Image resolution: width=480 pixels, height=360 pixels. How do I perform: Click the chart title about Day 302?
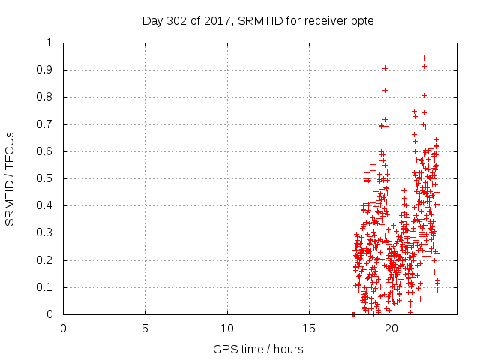pyautogui.click(x=258, y=20)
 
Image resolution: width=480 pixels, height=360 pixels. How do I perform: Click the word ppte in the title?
pyautogui.click(x=362, y=21)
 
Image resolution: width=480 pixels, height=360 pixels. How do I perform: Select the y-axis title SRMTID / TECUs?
pyautogui.click(x=10, y=178)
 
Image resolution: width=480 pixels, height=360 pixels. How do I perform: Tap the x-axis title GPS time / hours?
pyautogui.click(x=258, y=349)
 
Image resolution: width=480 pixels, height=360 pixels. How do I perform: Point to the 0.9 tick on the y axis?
pyautogui.click(x=49, y=70)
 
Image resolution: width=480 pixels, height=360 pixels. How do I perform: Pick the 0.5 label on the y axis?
pyautogui.click(x=49, y=178)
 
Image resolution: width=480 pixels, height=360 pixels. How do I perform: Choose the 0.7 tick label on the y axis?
pyautogui.click(x=49, y=124)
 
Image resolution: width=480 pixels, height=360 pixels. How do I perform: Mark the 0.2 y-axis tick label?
pyautogui.click(x=49, y=260)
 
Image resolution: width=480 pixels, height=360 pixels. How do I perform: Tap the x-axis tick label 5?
pyautogui.click(x=145, y=328)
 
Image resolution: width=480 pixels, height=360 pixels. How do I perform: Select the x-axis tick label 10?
pyautogui.click(x=227, y=328)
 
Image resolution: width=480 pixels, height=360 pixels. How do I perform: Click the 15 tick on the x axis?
pyautogui.click(x=309, y=328)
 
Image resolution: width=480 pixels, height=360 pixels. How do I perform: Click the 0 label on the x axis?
pyautogui.click(x=63, y=328)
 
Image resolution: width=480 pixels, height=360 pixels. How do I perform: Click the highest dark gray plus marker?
pyautogui.click(x=424, y=58)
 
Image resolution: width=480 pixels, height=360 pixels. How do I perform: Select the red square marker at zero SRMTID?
pyautogui.click(x=353, y=314)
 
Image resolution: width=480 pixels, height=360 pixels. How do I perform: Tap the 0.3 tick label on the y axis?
pyautogui.click(x=49, y=233)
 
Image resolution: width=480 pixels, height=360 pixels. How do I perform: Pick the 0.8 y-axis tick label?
pyautogui.click(x=49, y=97)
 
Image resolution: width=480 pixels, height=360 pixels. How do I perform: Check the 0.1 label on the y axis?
pyautogui.click(x=49, y=287)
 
